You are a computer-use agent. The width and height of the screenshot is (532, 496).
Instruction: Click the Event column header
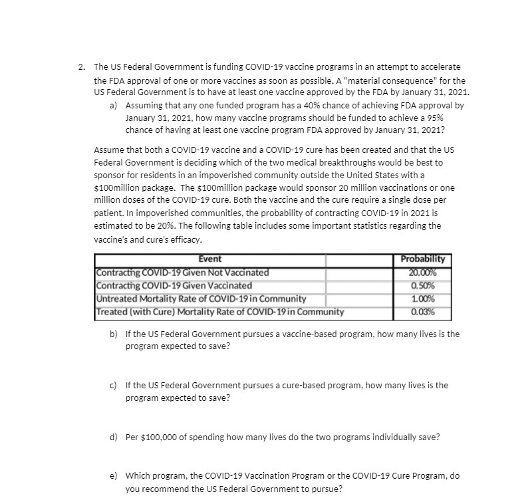click(x=210, y=259)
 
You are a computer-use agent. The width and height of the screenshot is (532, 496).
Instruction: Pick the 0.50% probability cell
click(x=423, y=285)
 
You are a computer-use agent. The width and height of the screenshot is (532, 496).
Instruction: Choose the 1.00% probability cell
click(x=423, y=299)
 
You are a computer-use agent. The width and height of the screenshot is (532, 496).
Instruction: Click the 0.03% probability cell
click(x=423, y=311)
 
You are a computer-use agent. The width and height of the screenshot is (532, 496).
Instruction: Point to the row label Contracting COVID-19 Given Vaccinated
click(x=174, y=285)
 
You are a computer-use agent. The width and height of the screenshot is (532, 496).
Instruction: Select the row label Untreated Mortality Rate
click(x=200, y=299)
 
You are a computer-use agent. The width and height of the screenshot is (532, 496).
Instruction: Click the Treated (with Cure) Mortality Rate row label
click(x=219, y=311)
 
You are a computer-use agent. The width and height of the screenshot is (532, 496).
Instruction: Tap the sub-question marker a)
click(x=114, y=106)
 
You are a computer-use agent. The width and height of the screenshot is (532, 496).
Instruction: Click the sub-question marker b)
click(x=114, y=334)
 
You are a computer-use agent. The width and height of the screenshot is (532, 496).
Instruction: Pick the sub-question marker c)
click(x=114, y=385)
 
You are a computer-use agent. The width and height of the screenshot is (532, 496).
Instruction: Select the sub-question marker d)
click(x=114, y=437)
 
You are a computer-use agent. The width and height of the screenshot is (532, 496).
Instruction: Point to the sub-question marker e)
click(x=114, y=476)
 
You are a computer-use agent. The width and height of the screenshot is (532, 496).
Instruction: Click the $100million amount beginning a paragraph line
click(x=117, y=188)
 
